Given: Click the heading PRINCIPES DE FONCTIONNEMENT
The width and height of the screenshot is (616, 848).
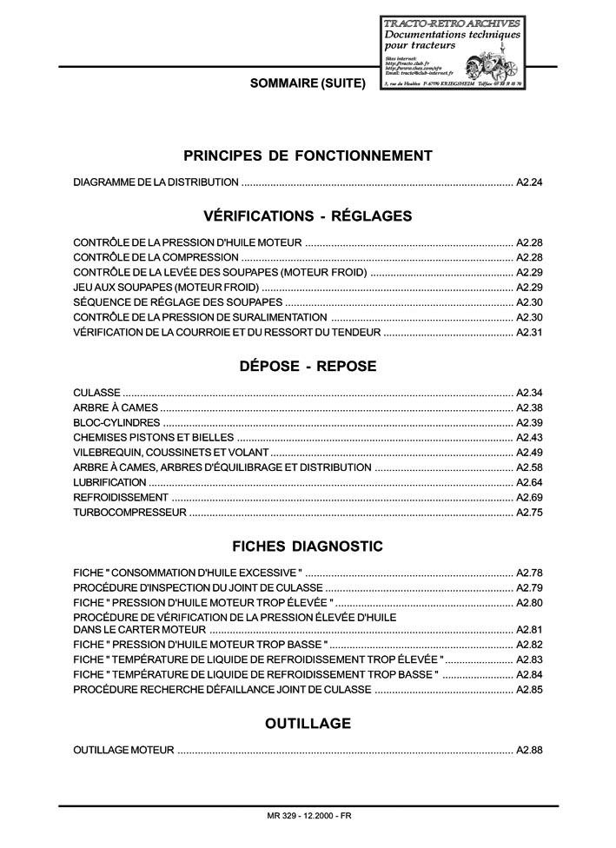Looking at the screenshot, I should point(308,156).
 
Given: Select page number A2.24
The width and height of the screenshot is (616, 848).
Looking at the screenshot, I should point(529,182).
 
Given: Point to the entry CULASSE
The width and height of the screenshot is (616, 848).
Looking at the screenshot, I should point(97,393).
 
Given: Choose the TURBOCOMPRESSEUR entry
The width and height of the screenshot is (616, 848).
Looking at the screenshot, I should point(130,513).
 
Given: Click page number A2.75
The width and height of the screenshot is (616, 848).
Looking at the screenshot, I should point(529,513).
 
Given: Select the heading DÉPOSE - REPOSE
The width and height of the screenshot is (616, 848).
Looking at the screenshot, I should point(308,366).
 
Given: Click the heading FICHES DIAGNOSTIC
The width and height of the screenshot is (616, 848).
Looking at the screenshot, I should point(308,547).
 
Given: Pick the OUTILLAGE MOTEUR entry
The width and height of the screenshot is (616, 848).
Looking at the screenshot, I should point(124,749).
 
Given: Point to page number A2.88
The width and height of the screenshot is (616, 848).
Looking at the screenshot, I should point(529,749).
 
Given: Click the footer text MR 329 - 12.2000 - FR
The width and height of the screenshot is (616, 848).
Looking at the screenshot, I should point(309,816).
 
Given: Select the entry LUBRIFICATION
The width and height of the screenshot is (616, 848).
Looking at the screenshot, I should point(110,482).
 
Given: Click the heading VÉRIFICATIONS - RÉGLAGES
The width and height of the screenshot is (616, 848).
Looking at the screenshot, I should point(308,215).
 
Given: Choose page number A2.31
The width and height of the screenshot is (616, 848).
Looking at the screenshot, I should point(529,332).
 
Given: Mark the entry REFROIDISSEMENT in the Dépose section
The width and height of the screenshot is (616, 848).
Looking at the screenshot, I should point(121,497).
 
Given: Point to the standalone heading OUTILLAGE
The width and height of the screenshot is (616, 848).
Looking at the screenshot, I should point(308,723).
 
